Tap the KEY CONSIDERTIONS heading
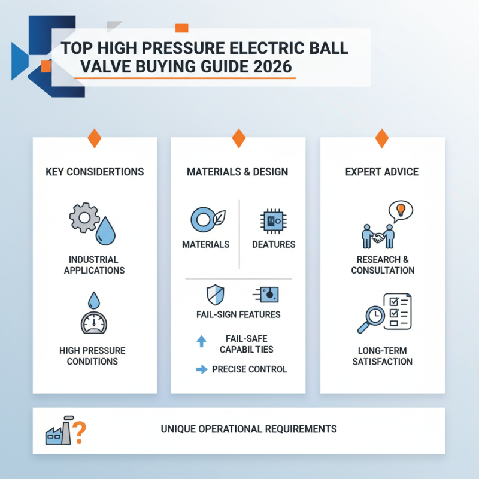coord(95,172)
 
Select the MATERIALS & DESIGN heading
coord(238,172)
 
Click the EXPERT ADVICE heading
coord(382,172)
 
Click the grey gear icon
coord(84,219)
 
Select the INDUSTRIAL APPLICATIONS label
coord(95,265)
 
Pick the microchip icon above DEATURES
coord(272,221)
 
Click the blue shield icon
coord(215,295)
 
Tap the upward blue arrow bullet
coord(201,341)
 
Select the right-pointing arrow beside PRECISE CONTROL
coord(201,369)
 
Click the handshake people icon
coord(377,235)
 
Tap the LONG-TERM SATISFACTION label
coord(382,356)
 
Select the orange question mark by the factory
coord(79,429)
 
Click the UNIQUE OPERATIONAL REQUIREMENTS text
coord(248,429)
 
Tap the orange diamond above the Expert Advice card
coord(382,138)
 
